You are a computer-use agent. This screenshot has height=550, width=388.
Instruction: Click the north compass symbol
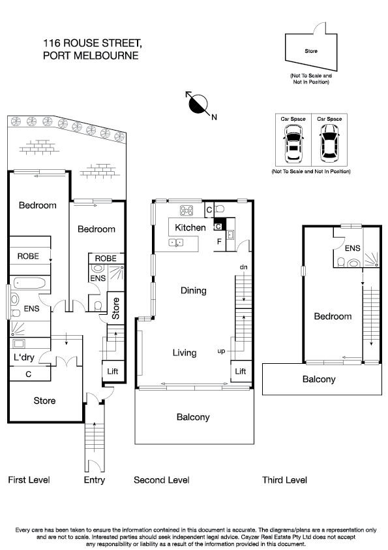pyautogui.click(x=198, y=103)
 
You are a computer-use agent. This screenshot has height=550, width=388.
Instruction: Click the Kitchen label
pyautogui.click(x=190, y=228)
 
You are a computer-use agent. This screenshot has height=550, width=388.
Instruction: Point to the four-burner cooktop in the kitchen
pyautogui.click(x=187, y=210)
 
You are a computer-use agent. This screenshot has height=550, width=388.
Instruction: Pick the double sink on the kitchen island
pyautogui.click(x=175, y=243)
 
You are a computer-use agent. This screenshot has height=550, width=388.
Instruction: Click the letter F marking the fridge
pyautogui.click(x=218, y=242)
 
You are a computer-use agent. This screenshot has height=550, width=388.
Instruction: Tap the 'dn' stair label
pyautogui.click(x=243, y=267)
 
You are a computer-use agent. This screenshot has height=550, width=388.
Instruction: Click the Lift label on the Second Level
pyautogui.click(x=241, y=371)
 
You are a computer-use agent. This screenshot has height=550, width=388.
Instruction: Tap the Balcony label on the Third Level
pyautogui.click(x=318, y=379)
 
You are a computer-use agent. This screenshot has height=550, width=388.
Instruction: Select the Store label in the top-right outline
pyautogui.click(x=311, y=51)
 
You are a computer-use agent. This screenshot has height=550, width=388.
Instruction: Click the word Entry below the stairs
pyautogui.click(x=94, y=480)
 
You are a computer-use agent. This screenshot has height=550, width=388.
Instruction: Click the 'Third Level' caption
pyautogui.click(x=284, y=480)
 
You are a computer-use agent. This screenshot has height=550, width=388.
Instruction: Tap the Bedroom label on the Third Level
pyautogui.click(x=333, y=316)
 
